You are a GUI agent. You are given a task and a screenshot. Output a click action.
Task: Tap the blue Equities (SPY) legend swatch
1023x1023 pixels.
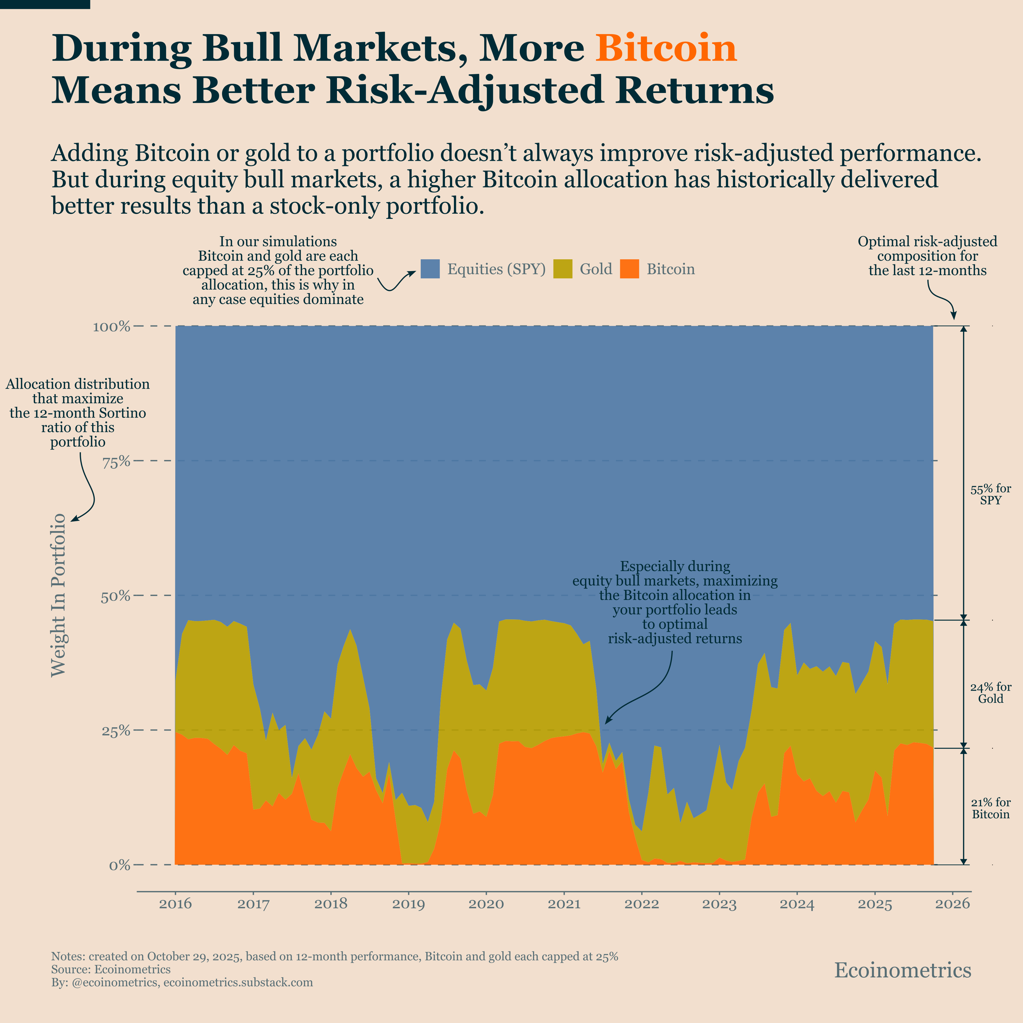click(x=430, y=269)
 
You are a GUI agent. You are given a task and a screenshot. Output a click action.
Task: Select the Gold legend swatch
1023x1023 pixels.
click(x=562, y=269)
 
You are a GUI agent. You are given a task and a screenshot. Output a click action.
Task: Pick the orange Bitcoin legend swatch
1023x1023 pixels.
click(x=629, y=269)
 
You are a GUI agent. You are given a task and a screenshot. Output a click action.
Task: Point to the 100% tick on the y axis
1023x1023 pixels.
click(x=112, y=326)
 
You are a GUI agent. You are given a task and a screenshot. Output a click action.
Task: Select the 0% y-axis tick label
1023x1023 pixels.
click(x=120, y=866)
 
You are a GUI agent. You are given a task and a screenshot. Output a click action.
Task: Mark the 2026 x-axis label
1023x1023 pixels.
click(x=953, y=904)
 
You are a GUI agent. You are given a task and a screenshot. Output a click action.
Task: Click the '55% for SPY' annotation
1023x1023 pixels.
click(x=991, y=495)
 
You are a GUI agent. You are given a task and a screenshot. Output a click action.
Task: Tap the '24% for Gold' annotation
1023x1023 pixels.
click(x=991, y=693)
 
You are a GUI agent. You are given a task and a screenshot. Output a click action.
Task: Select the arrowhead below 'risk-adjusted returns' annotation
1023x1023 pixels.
click(x=607, y=721)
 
